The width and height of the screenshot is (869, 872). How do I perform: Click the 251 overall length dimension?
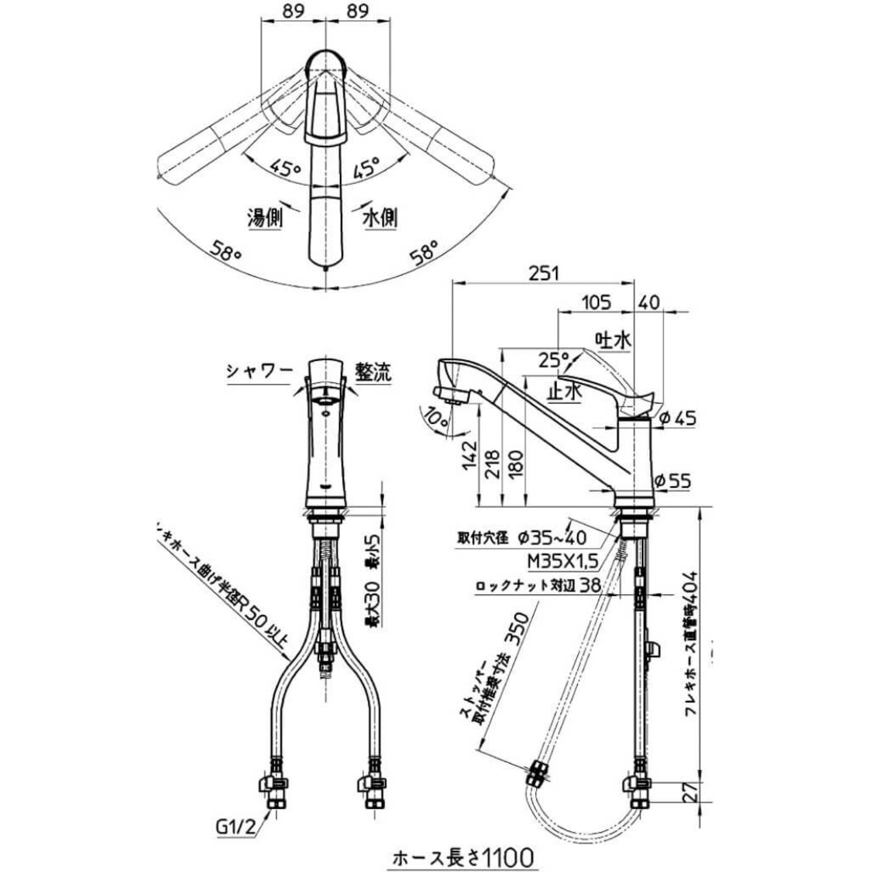(543, 273)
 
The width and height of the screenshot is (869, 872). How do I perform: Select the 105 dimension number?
(596, 303)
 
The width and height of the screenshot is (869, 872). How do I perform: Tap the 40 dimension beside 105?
(649, 303)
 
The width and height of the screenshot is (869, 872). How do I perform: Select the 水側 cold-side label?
(380, 218)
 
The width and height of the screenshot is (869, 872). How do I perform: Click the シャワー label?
(259, 371)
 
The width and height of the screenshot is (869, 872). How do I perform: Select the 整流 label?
(373, 372)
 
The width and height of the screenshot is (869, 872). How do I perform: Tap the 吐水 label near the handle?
(613, 340)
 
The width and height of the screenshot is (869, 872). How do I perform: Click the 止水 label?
(564, 391)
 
